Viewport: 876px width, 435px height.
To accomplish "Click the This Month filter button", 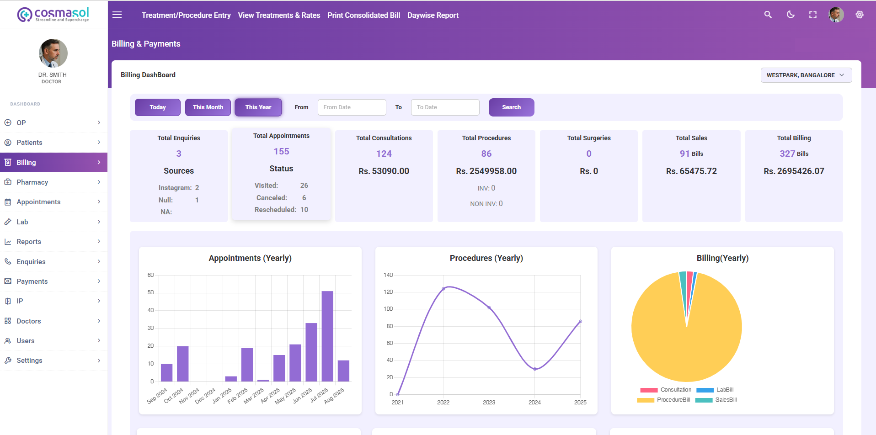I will (x=208, y=107).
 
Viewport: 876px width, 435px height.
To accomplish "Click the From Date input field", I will (x=352, y=107).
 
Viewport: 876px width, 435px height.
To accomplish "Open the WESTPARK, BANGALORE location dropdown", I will (x=806, y=75).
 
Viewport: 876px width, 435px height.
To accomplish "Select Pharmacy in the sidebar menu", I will (x=32, y=182).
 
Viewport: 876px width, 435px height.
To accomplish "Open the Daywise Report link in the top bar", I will (x=433, y=15).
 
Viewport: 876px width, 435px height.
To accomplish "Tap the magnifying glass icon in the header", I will (x=768, y=15).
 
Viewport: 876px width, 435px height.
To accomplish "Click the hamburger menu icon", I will (x=117, y=15).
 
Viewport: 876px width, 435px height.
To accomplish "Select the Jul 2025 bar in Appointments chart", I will (x=327, y=336).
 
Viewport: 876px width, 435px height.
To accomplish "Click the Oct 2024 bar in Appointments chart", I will (x=183, y=363).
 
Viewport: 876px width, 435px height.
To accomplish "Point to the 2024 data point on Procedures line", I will (x=535, y=369).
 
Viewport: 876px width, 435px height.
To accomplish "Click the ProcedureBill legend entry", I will (x=664, y=400).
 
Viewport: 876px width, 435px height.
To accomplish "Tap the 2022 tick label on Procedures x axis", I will (x=443, y=403).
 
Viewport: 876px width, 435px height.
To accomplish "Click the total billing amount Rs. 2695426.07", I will (x=794, y=171).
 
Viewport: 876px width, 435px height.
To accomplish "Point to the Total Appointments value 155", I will (x=281, y=151).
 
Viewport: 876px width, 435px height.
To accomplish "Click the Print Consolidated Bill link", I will (x=363, y=15).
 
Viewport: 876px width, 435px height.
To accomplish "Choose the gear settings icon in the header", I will (x=860, y=15).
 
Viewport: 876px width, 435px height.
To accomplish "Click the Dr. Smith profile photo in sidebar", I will (x=53, y=53).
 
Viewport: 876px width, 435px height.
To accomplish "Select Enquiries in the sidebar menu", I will (x=31, y=262).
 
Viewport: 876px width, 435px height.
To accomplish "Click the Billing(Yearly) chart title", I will (x=722, y=258).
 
